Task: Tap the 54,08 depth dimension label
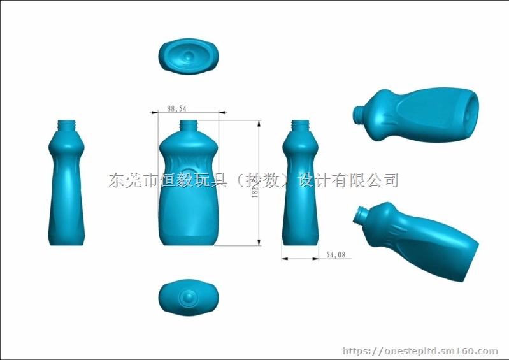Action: [x=336, y=255]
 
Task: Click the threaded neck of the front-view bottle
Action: [x=189, y=125]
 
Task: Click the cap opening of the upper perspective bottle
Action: [x=357, y=114]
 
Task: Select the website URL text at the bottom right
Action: [x=420, y=351]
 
